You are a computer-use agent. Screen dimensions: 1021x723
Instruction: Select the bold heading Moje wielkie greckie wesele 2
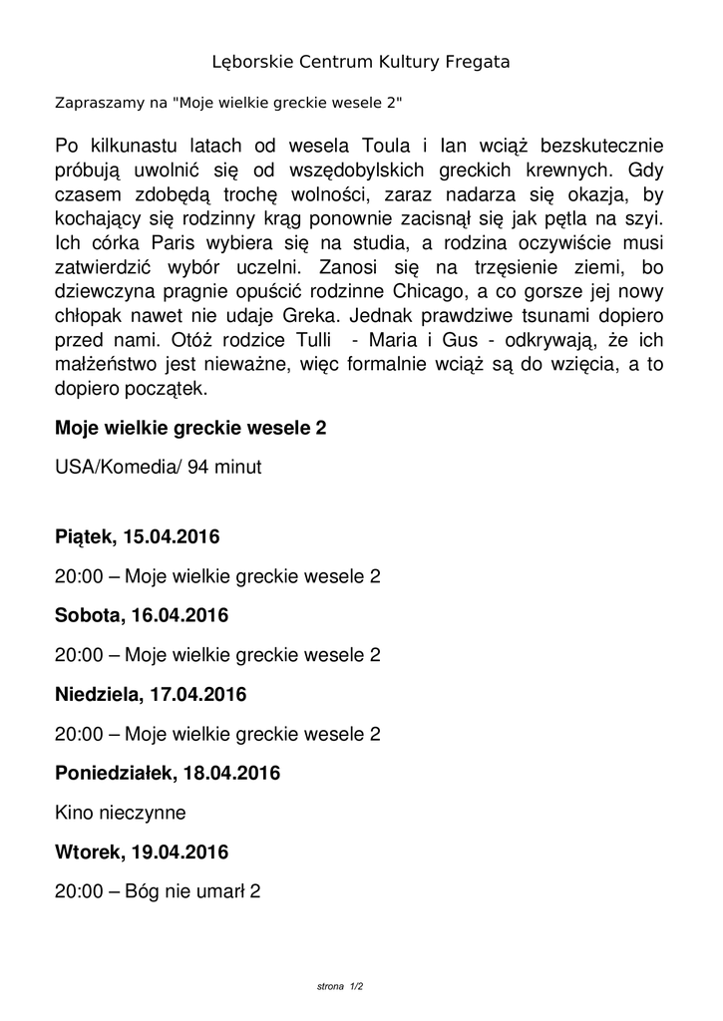click(x=190, y=429)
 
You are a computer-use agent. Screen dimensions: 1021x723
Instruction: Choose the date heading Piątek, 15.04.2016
click(x=138, y=537)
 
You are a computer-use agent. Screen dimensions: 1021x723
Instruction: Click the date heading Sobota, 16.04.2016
click(x=142, y=616)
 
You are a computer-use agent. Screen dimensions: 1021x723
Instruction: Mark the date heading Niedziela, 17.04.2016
click(x=151, y=694)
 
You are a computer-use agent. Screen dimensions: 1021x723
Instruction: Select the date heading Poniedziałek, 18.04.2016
click(x=168, y=773)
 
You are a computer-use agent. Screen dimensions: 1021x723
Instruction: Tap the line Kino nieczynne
click(x=121, y=813)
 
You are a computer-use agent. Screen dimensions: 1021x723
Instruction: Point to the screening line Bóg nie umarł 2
click(x=158, y=891)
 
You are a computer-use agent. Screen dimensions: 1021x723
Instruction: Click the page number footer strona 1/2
click(x=339, y=986)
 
